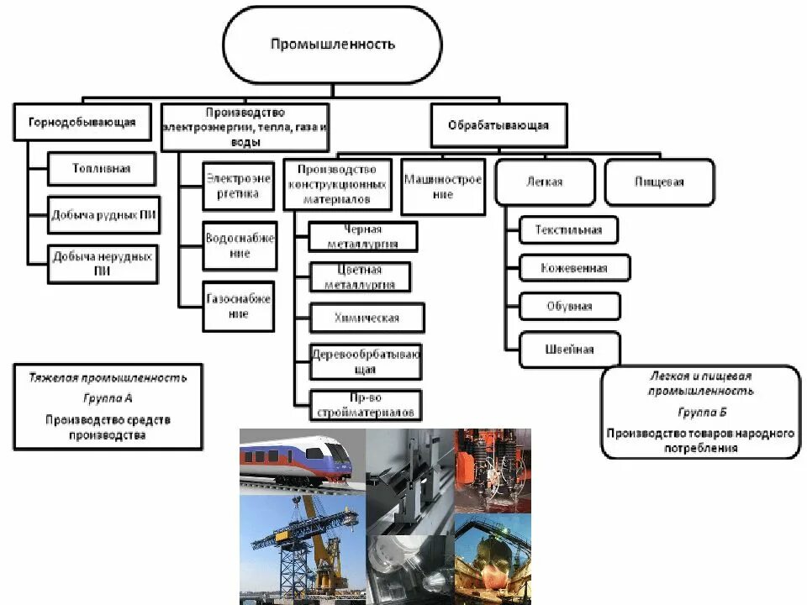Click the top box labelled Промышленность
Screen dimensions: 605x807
(332, 44)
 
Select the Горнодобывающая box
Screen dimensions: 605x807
(75, 122)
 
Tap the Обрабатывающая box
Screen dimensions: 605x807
(498, 125)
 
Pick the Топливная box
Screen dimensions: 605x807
(101, 169)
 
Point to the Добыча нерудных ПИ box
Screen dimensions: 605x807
(104, 263)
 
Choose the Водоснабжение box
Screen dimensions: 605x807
(240, 245)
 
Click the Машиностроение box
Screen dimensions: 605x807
(443, 187)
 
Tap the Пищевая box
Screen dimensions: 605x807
(660, 181)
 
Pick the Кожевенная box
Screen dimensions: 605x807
(575, 268)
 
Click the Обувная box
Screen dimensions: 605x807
(569, 307)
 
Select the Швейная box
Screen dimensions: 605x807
(569, 350)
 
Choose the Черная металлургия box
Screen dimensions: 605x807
(363, 236)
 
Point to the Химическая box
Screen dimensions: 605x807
(367, 318)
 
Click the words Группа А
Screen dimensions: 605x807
(108, 398)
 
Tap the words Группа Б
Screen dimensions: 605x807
(700, 412)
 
